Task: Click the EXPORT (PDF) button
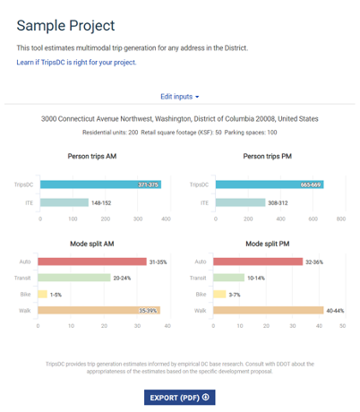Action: point(179,397)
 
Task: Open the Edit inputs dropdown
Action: point(179,96)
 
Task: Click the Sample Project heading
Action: point(65,24)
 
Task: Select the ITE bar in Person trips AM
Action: point(64,202)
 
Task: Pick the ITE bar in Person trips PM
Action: point(239,202)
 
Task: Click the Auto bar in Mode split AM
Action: point(91,262)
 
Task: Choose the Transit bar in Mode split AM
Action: point(73,278)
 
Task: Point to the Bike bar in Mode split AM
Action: point(42,294)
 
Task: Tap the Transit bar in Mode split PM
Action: point(227,278)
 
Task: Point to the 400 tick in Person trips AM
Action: point(167,219)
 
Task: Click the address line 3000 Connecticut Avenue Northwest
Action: point(179,118)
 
